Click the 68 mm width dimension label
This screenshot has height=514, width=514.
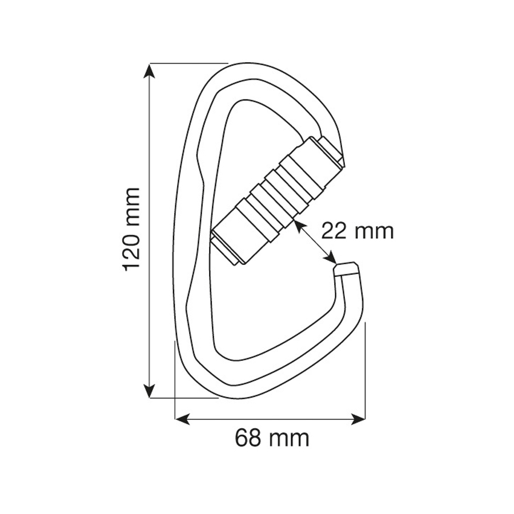(x=272, y=438)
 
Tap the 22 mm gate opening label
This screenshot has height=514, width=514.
(x=358, y=231)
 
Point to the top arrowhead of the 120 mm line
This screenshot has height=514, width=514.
(x=150, y=70)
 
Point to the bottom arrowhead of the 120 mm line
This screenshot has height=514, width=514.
(x=150, y=391)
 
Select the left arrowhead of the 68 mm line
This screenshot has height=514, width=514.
(x=182, y=419)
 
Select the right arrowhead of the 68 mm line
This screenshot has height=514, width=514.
(x=358, y=419)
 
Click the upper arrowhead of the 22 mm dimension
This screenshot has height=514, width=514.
(x=299, y=225)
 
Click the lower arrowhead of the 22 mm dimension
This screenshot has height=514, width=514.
(x=331, y=258)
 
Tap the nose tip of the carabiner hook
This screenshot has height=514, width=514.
(x=346, y=268)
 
